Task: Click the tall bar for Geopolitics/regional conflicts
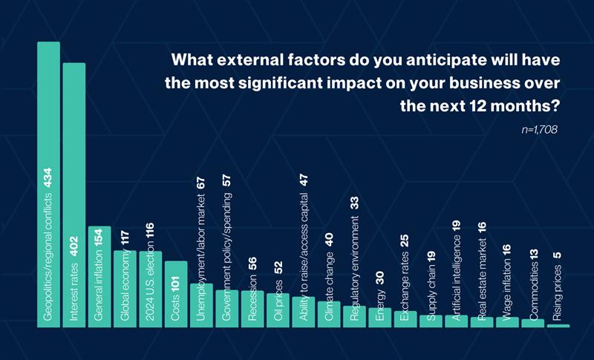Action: [x=48, y=184]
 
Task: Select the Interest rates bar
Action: [x=74, y=195]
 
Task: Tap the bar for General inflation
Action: [x=99, y=277]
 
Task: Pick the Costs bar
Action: [x=176, y=294]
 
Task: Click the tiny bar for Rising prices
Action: [x=558, y=326]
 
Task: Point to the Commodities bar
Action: [x=532, y=324]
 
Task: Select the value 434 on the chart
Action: [x=48, y=177]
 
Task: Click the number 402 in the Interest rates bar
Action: [x=74, y=246]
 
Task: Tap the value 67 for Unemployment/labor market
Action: [x=201, y=183]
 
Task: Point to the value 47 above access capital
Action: [x=304, y=180]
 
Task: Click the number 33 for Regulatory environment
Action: [x=354, y=203]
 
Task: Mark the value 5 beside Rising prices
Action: [x=558, y=255]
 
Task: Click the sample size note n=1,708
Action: [x=540, y=129]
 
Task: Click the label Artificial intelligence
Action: [x=456, y=278]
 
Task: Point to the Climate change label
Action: [x=329, y=287]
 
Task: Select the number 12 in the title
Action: [x=477, y=106]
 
